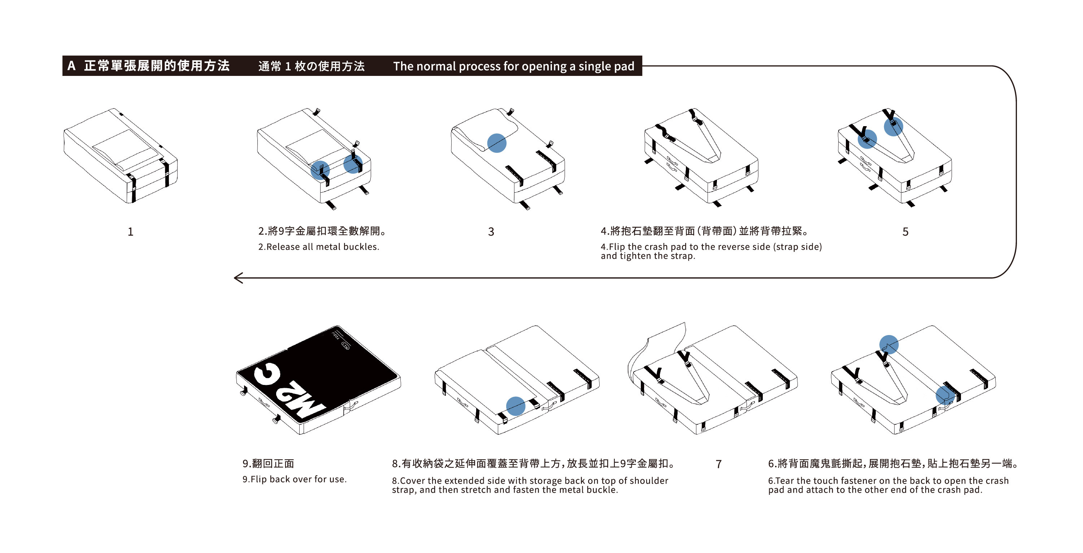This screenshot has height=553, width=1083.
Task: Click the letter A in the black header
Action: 71,66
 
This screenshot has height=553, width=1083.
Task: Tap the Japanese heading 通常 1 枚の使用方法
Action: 311,66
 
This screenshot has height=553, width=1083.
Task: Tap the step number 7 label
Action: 718,464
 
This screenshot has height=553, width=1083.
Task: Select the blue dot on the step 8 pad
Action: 516,406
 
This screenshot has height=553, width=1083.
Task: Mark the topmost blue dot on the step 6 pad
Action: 889,344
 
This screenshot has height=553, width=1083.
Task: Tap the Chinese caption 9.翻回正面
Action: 268,464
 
